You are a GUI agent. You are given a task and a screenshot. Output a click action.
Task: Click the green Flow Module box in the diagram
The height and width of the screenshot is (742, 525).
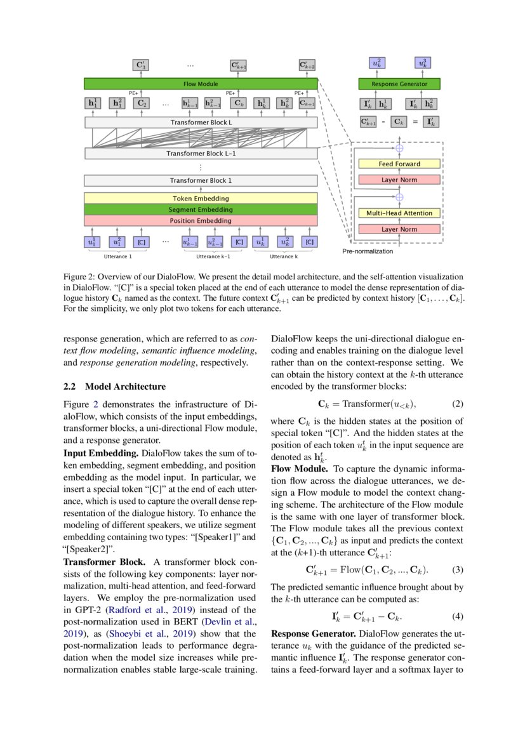pos(201,83)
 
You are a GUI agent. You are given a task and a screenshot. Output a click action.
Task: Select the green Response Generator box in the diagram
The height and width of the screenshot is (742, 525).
pos(399,84)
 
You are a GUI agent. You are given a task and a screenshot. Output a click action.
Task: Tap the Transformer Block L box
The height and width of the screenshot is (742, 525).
pos(201,122)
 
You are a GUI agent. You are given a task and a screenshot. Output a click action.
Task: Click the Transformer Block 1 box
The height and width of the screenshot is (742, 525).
pos(201,180)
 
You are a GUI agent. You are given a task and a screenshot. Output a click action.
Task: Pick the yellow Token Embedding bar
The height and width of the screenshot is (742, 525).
pos(201,198)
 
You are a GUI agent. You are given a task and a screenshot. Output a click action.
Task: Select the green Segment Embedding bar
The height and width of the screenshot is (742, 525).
pos(201,209)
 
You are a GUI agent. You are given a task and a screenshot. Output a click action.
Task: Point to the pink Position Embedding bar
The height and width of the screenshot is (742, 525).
pos(201,221)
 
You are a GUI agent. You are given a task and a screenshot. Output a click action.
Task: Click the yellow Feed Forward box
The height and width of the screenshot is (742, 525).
pos(399,164)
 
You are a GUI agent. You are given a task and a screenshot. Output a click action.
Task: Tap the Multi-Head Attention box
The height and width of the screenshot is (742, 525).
pos(399,213)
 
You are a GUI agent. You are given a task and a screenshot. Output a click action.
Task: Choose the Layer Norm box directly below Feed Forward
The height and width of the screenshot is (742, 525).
pos(399,180)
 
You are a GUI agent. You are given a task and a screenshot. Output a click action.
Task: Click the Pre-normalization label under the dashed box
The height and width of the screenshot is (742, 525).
pos(368,251)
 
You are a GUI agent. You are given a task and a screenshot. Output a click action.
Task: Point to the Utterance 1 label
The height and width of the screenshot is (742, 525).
pos(118,256)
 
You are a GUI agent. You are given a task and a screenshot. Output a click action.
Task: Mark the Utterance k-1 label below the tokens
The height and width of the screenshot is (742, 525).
pos(213,256)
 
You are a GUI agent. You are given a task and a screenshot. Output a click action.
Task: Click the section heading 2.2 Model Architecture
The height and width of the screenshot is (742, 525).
pos(115,387)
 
